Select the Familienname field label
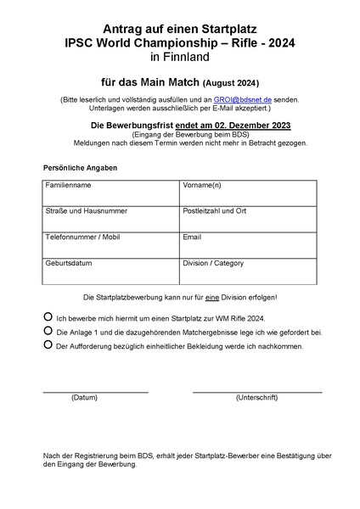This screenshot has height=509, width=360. pyautogui.click(x=69, y=185)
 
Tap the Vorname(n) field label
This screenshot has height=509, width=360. pyautogui.click(x=202, y=185)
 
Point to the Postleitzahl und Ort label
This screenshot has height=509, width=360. pyautogui.click(x=215, y=211)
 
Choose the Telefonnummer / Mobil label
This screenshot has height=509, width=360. pyautogui.click(x=78, y=238)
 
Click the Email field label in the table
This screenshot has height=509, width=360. pyautogui.click(x=192, y=238)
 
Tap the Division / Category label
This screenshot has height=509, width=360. pyautogui.click(x=213, y=264)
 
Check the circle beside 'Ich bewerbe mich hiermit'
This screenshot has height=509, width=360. pyautogui.click(x=48, y=316)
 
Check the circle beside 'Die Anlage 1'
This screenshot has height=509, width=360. pyautogui.click(x=48, y=331)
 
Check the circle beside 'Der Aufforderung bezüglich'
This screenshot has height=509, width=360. pyautogui.click(x=48, y=345)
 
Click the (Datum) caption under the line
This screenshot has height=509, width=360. pyautogui.click(x=85, y=397)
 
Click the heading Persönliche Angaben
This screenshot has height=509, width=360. pyautogui.click(x=80, y=168)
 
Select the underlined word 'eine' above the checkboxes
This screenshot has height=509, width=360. pyautogui.click(x=219, y=297)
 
